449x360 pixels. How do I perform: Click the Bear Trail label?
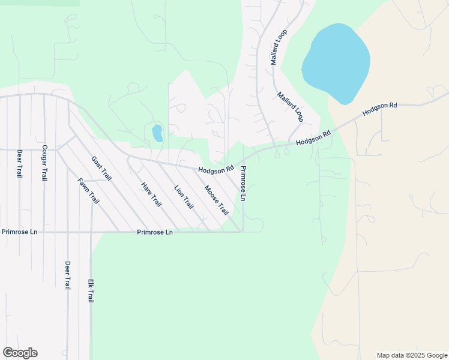[x=20, y=163]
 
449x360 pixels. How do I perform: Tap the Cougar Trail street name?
[x=44, y=163]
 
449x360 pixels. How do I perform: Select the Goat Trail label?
[x=102, y=169]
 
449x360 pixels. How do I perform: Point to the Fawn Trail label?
[x=88, y=191]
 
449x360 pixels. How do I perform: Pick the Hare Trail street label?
[x=151, y=194]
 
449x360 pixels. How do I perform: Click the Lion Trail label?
[x=184, y=197]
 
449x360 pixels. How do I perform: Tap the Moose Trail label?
[x=216, y=200]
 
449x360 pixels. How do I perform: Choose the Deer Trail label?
[x=68, y=275]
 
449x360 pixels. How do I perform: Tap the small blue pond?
[x=157, y=133]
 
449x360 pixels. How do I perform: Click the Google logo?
[x=20, y=353]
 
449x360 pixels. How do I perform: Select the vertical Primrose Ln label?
[x=244, y=184]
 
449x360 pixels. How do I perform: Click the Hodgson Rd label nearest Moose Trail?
[x=217, y=170]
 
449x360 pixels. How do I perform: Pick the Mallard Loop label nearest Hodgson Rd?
[x=291, y=106]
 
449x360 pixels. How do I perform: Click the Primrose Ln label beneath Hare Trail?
[x=155, y=232]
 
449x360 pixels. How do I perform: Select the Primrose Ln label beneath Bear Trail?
[x=19, y=232]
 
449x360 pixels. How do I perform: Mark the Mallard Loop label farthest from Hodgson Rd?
[x=279, y=47]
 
